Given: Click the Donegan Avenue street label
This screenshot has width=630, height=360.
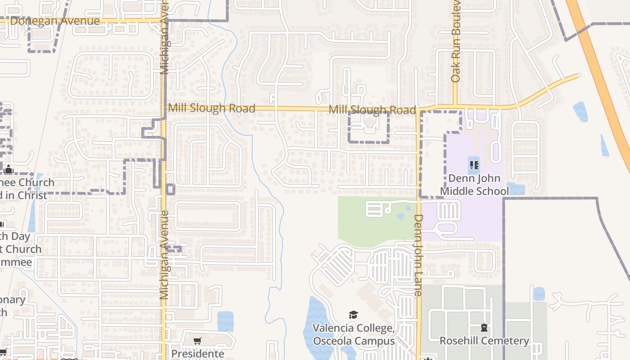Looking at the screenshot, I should coord(54,21).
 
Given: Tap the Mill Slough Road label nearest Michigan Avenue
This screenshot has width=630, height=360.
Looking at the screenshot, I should coord(211,108).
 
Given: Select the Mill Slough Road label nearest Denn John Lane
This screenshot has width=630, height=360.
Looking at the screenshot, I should coord(372,110).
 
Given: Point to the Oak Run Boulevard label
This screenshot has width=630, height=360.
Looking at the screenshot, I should coord(456,40).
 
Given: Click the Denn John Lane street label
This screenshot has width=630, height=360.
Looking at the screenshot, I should coord(418,255).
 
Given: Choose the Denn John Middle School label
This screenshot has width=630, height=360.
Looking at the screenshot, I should coord(474,184).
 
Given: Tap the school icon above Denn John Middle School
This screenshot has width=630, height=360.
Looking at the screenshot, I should coord(474,165).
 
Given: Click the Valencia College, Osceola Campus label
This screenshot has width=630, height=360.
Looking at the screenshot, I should coord(353,334).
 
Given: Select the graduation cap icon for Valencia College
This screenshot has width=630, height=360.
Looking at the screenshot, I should coord(353,315).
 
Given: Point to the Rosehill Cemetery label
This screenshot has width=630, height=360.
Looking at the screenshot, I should coord(484,341).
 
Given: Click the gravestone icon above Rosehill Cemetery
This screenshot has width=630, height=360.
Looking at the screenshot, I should coord(484,328).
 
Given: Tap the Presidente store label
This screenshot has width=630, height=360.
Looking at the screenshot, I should coord(198,353).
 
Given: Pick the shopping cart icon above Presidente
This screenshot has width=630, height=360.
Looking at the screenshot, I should coord(197,341).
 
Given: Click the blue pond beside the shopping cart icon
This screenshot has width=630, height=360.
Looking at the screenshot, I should coord(225,321).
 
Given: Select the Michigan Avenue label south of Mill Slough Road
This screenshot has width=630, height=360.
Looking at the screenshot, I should coord(164,255).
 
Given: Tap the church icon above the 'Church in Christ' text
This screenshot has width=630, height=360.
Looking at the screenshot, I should coord(8,170).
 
